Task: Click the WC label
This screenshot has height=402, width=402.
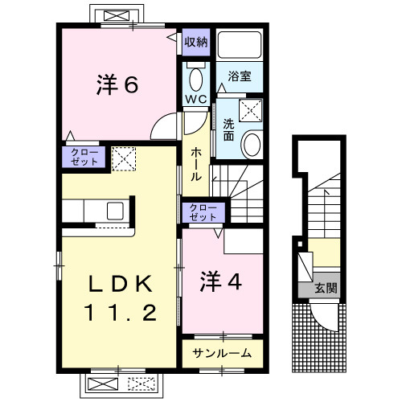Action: pos(196,99)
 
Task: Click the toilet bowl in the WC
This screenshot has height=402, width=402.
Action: pos(196,79)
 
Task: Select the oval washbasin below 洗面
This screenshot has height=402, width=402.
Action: pos(252,145)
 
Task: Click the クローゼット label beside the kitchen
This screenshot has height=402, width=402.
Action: pos(83,156)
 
